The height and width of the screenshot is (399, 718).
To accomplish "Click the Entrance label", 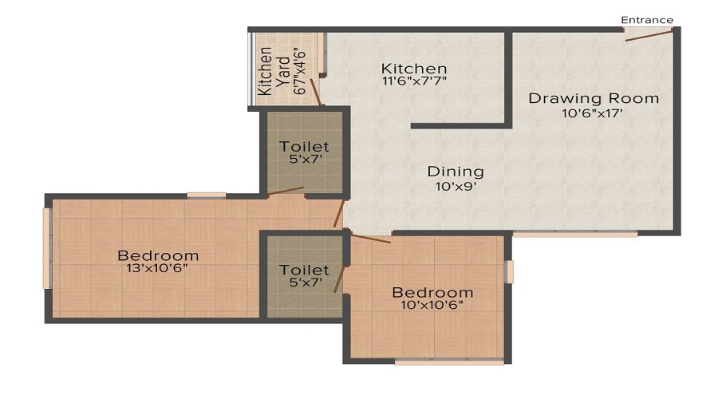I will tap(648, 20).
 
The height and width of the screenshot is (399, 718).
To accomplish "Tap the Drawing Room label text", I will tap(594, 99).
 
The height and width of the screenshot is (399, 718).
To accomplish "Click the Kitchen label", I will tap(413, 69).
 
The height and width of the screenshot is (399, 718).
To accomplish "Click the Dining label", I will tap(456, 172).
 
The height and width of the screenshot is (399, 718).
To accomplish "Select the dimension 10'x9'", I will tap(456, 186).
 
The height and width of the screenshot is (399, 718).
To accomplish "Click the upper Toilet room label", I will tap(304, 148).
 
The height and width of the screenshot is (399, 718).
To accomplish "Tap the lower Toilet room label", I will tap(304, 271).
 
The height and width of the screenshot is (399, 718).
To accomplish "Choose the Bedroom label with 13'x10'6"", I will tap(158, 256).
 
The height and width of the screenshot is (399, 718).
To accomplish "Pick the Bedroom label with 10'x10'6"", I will tap(432, 293).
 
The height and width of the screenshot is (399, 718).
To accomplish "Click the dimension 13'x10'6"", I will tap(158, 269).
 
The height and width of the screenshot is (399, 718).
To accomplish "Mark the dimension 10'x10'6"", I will tap(432, 306).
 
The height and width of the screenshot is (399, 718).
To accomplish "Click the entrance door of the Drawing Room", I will tap(649, 34).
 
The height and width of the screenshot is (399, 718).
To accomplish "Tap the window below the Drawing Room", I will tap(574, 235).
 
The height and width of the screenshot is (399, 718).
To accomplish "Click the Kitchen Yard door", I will tap(317, 93).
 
